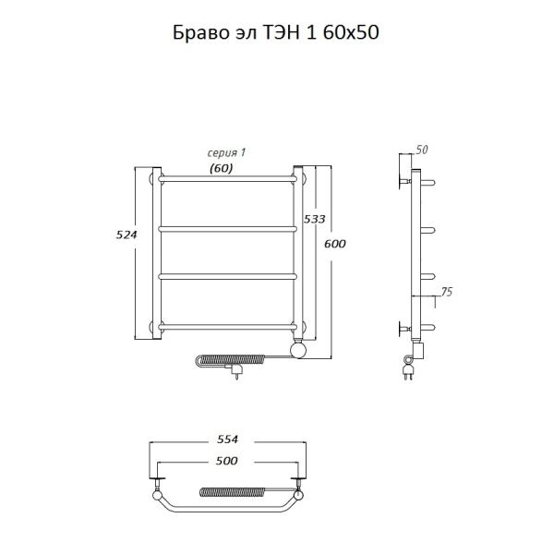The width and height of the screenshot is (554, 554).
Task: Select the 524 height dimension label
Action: pos(126,235)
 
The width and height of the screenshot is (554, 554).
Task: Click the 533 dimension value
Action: pos(315,219)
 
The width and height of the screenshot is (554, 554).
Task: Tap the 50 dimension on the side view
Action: pos(424,150)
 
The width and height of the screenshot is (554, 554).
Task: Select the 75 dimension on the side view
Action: pos(446,293)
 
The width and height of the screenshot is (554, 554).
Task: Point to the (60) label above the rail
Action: pos(221,168)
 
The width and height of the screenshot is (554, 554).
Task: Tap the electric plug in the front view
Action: pos(239,372)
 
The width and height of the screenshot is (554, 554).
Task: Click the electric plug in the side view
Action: pos(407,372)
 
